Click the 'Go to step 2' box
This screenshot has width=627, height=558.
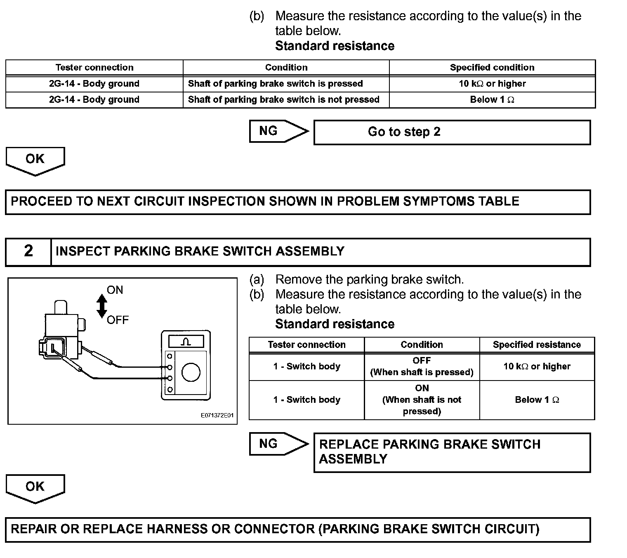452,132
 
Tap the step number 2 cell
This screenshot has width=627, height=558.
28,251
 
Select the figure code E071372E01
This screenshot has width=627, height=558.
217,415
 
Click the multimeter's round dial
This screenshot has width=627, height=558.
191,372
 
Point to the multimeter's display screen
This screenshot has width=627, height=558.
186,342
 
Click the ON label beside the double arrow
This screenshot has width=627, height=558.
115,290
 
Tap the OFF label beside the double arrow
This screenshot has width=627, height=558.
118,320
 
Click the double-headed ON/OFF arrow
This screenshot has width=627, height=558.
101,306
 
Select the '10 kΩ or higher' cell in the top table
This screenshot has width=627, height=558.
492,84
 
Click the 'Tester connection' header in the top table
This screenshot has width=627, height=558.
94,67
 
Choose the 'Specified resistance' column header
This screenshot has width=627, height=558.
537,345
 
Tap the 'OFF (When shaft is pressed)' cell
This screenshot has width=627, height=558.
422,366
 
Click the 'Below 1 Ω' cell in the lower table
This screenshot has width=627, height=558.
537,400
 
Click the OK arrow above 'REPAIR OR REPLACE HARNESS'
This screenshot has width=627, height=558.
35,487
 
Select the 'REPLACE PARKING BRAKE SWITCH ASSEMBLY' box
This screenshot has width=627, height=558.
452,452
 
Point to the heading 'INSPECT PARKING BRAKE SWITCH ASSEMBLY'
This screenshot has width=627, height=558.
200,251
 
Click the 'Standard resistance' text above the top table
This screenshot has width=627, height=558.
335,46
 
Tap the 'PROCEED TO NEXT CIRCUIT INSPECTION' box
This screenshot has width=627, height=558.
297,202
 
